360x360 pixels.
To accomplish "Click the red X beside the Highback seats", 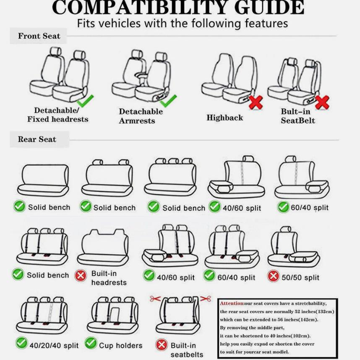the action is pos(256,102).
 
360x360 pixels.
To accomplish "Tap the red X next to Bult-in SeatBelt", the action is pos(322,102).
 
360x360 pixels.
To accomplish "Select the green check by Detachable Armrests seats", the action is pos(169,101).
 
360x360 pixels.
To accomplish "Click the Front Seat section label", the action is pos(39,36).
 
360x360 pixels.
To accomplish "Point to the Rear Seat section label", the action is pos(37,139).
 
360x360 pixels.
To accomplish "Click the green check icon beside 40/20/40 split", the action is pos(21,343).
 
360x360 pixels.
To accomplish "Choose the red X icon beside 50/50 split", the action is pos(273,276).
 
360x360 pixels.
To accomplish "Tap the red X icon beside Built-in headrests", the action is pos(81,275).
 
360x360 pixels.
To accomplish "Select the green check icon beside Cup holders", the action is pos(91,343).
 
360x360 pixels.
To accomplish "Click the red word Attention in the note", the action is pos(232,303).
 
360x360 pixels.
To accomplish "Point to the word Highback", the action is pos(224,117).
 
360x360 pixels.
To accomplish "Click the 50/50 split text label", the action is pos(300,277).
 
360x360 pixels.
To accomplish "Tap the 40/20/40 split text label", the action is pos(54,345).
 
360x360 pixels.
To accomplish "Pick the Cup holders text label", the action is pos(121,345).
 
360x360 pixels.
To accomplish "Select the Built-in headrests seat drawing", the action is pos(103,247).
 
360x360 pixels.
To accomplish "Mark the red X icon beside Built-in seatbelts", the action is pos(162,345).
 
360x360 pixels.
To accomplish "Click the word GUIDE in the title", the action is pos(269,8).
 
